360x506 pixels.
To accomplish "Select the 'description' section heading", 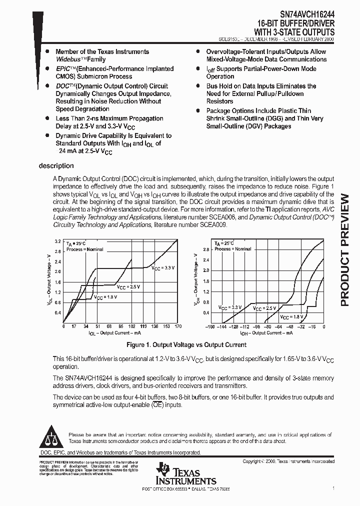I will click(56, 166).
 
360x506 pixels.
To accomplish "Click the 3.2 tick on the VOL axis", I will click(57, 241).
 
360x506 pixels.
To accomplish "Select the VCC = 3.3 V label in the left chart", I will click(163, 268).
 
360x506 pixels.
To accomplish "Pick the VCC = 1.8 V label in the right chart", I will click(291, 317).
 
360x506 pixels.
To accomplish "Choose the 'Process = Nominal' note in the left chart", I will click(85, 249).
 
